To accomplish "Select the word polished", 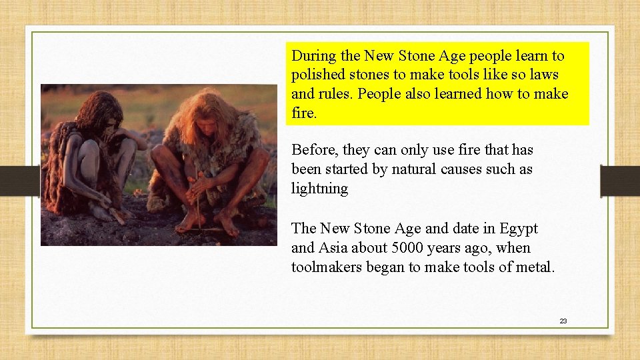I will tap(317, 75).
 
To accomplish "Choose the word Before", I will tap(315, 150).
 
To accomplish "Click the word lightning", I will tap(319, 189).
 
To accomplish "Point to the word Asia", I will tap(336, 248).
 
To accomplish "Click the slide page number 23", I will tap(563, 321).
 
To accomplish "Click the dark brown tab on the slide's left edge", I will tap(19, 181).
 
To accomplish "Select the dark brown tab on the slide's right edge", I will tap(619, 181).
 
